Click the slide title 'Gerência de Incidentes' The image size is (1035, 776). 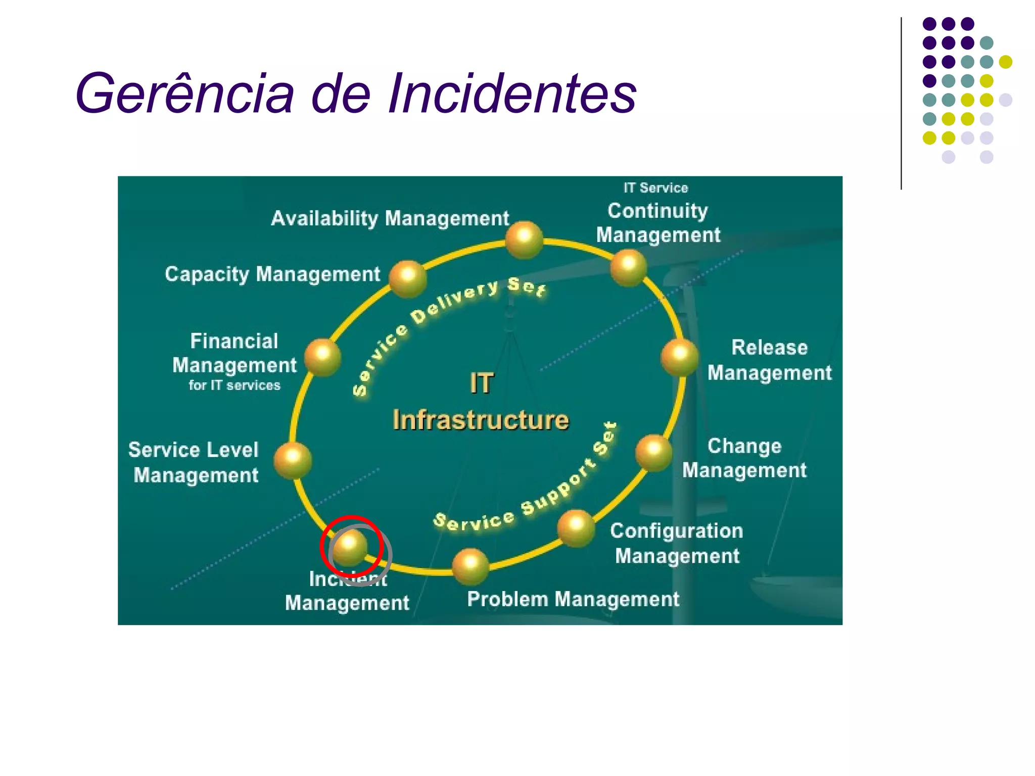pyautogui.click(x=355, y=93)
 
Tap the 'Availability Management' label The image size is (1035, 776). pyautogui.click(x=390, y=219)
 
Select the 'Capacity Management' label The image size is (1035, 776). pyautogui.click(x=272, y=274)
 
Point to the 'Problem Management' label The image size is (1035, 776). pyautogui.click(x=573, y=599)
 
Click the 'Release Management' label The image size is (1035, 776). pyautogui.click(x=769, y=360)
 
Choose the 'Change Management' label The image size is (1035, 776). pyautogui.click(x=744, y=458)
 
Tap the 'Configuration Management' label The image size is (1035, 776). pyautogui.click(x=677, y=543)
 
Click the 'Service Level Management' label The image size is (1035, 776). pyautogui.click(x=195, y=462)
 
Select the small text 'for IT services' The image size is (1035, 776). pyautogui.click(x=234, y=385)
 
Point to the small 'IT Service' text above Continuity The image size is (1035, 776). pyautogui.click(x=655, y=188)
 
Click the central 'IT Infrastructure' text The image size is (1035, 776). pyautogui.click(x=481, y=402)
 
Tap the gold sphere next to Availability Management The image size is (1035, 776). pyautogui.click(x=524, y=239)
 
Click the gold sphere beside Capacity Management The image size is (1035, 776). pyautogui.click(x=407, y=278)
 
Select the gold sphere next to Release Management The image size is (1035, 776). pyautogui.click(x=680, y=357)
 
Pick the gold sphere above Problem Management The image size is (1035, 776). pyautogui.click(x=471, y=566)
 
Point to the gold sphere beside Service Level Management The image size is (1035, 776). pyautogui.click(x=293, y=460)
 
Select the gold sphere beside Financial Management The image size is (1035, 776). pyautogui.click(x=322, y=357)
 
